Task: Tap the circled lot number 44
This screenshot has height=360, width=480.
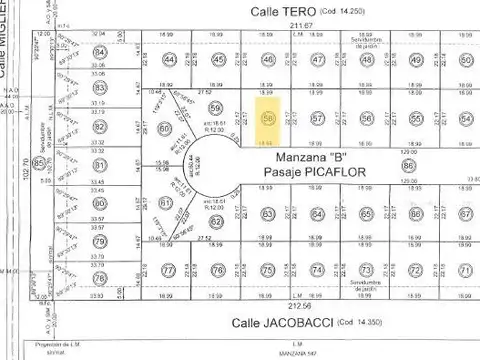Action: coord(170,60)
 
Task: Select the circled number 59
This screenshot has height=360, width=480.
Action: coord(214,108)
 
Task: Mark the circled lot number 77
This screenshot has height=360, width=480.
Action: coord(169,270)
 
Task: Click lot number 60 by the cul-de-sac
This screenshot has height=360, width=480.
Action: coord(165,129)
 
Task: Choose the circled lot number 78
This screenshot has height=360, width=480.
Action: coord(99,263)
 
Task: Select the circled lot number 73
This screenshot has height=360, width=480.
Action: coord(366,270)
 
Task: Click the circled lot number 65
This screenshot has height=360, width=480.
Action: coord(366,214)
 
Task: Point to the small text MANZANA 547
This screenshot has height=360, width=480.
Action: coord(257,354)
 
